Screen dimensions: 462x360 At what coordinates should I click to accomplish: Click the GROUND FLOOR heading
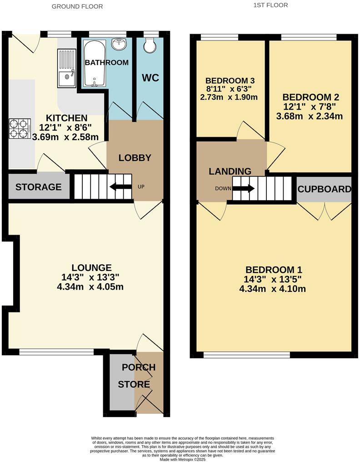pos(77,6)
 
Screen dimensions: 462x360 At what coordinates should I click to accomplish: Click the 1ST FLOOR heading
pos(270,5)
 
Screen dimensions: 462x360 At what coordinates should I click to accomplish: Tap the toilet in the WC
pos(149,45)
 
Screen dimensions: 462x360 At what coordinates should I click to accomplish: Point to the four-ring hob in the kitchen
pos(20,128)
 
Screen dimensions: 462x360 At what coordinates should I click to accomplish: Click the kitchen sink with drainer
pos(67,68)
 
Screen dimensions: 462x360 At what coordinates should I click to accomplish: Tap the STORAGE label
pos(38,187)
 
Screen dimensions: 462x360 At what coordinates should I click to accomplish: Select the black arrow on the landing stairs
pos(244,188)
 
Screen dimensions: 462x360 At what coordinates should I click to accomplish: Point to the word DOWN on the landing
pos(223,188)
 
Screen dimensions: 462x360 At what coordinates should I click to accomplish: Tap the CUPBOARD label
pos(325,189)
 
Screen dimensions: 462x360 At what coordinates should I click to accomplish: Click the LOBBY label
pos(135,158)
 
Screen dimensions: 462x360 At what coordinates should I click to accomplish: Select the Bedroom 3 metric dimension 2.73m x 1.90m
pos(229,97)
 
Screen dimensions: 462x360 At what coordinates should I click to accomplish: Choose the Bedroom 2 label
pos(310,97)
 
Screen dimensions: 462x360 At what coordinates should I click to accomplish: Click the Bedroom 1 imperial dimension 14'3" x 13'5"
pos(274,279)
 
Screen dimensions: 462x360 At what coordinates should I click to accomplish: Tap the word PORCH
pos(138,367)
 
